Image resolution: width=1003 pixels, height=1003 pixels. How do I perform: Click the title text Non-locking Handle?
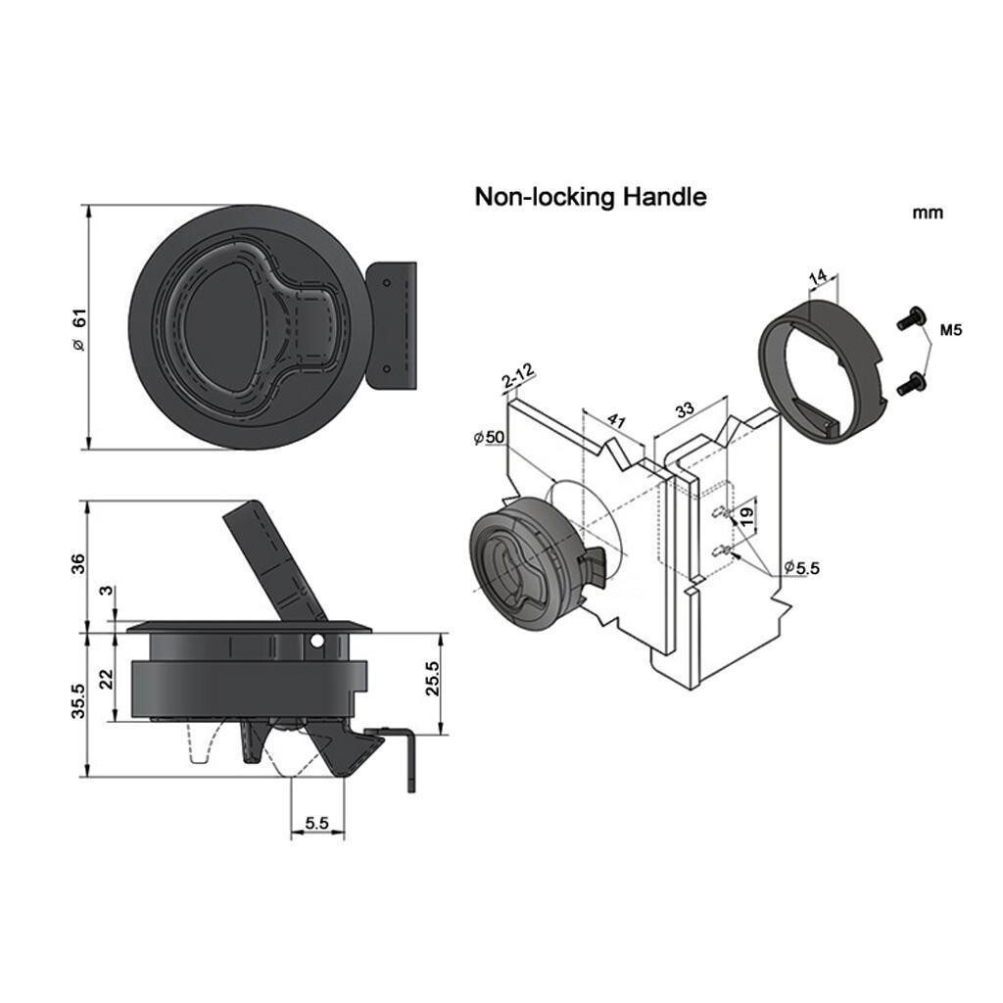[x=590, y=197]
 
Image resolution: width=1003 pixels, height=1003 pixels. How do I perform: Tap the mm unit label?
[x=927, y=213]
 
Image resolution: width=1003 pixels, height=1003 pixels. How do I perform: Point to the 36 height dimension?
[x=78, y=563]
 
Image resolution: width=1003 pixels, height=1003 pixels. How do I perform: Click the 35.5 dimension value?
[x=78, y=702]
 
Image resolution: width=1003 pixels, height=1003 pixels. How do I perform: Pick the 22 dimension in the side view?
[x=109, y=678]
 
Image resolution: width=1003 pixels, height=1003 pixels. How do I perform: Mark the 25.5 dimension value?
[x=432, y=678]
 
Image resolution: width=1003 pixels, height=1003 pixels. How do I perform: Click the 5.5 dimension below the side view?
[x=316, y=824]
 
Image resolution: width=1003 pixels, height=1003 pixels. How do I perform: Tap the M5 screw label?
[x=950, y=331]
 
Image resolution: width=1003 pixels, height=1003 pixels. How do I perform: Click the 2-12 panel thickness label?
[x=517, y=375]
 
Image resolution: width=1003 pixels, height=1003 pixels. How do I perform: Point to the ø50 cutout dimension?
[x=489, y=437]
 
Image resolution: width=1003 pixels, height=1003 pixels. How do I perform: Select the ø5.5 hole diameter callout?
[x=801, y=567]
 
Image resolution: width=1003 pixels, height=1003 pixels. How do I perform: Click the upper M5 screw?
[x=910, y=319]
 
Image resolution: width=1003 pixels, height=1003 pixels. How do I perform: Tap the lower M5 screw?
[x=910, y=384]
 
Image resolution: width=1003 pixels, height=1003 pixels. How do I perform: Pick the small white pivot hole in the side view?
[x=316, y=643]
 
